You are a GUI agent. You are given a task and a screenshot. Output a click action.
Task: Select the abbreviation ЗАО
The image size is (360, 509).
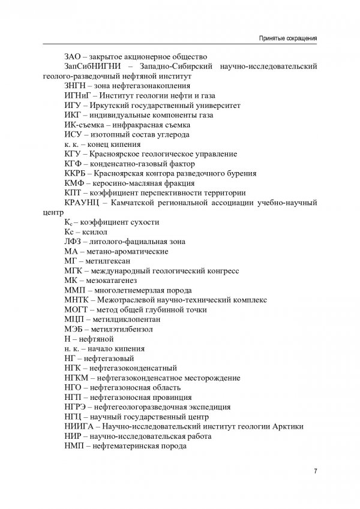click(x=73, y=56)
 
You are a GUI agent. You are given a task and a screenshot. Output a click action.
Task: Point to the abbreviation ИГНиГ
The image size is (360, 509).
click(x=76, y=95)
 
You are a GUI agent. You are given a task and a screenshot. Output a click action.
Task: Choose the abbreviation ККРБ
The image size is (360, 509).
click(x=74, y=173)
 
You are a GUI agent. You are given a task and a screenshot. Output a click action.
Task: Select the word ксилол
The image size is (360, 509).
click(x=97, y=231)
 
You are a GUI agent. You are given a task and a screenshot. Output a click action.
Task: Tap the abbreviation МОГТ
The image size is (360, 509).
click(x=75, y=309)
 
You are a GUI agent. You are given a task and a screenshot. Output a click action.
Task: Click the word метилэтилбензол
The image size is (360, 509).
click(x=123, y=329)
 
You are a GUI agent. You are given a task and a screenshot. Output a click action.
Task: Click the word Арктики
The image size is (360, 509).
click(x=286, y=426)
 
